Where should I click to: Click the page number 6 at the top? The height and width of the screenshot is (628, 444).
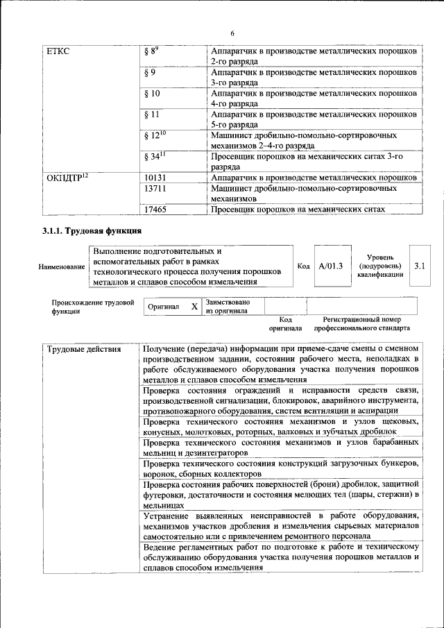(232, 33)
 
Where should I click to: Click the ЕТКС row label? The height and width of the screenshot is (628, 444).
(58, 51)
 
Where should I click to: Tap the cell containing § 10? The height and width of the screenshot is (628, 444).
(152, 93)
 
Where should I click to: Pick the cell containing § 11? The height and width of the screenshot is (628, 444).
(152, 114)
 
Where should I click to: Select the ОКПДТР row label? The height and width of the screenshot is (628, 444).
(67, 177)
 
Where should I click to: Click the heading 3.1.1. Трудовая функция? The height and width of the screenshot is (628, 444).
(92, 230)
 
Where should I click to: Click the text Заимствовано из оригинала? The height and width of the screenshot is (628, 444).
(228, 307)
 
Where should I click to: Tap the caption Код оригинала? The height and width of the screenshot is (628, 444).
(286, 323)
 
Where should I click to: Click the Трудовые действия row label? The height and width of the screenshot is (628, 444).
(84, 349)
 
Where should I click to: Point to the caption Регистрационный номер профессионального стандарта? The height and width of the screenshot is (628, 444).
(362, 323)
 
